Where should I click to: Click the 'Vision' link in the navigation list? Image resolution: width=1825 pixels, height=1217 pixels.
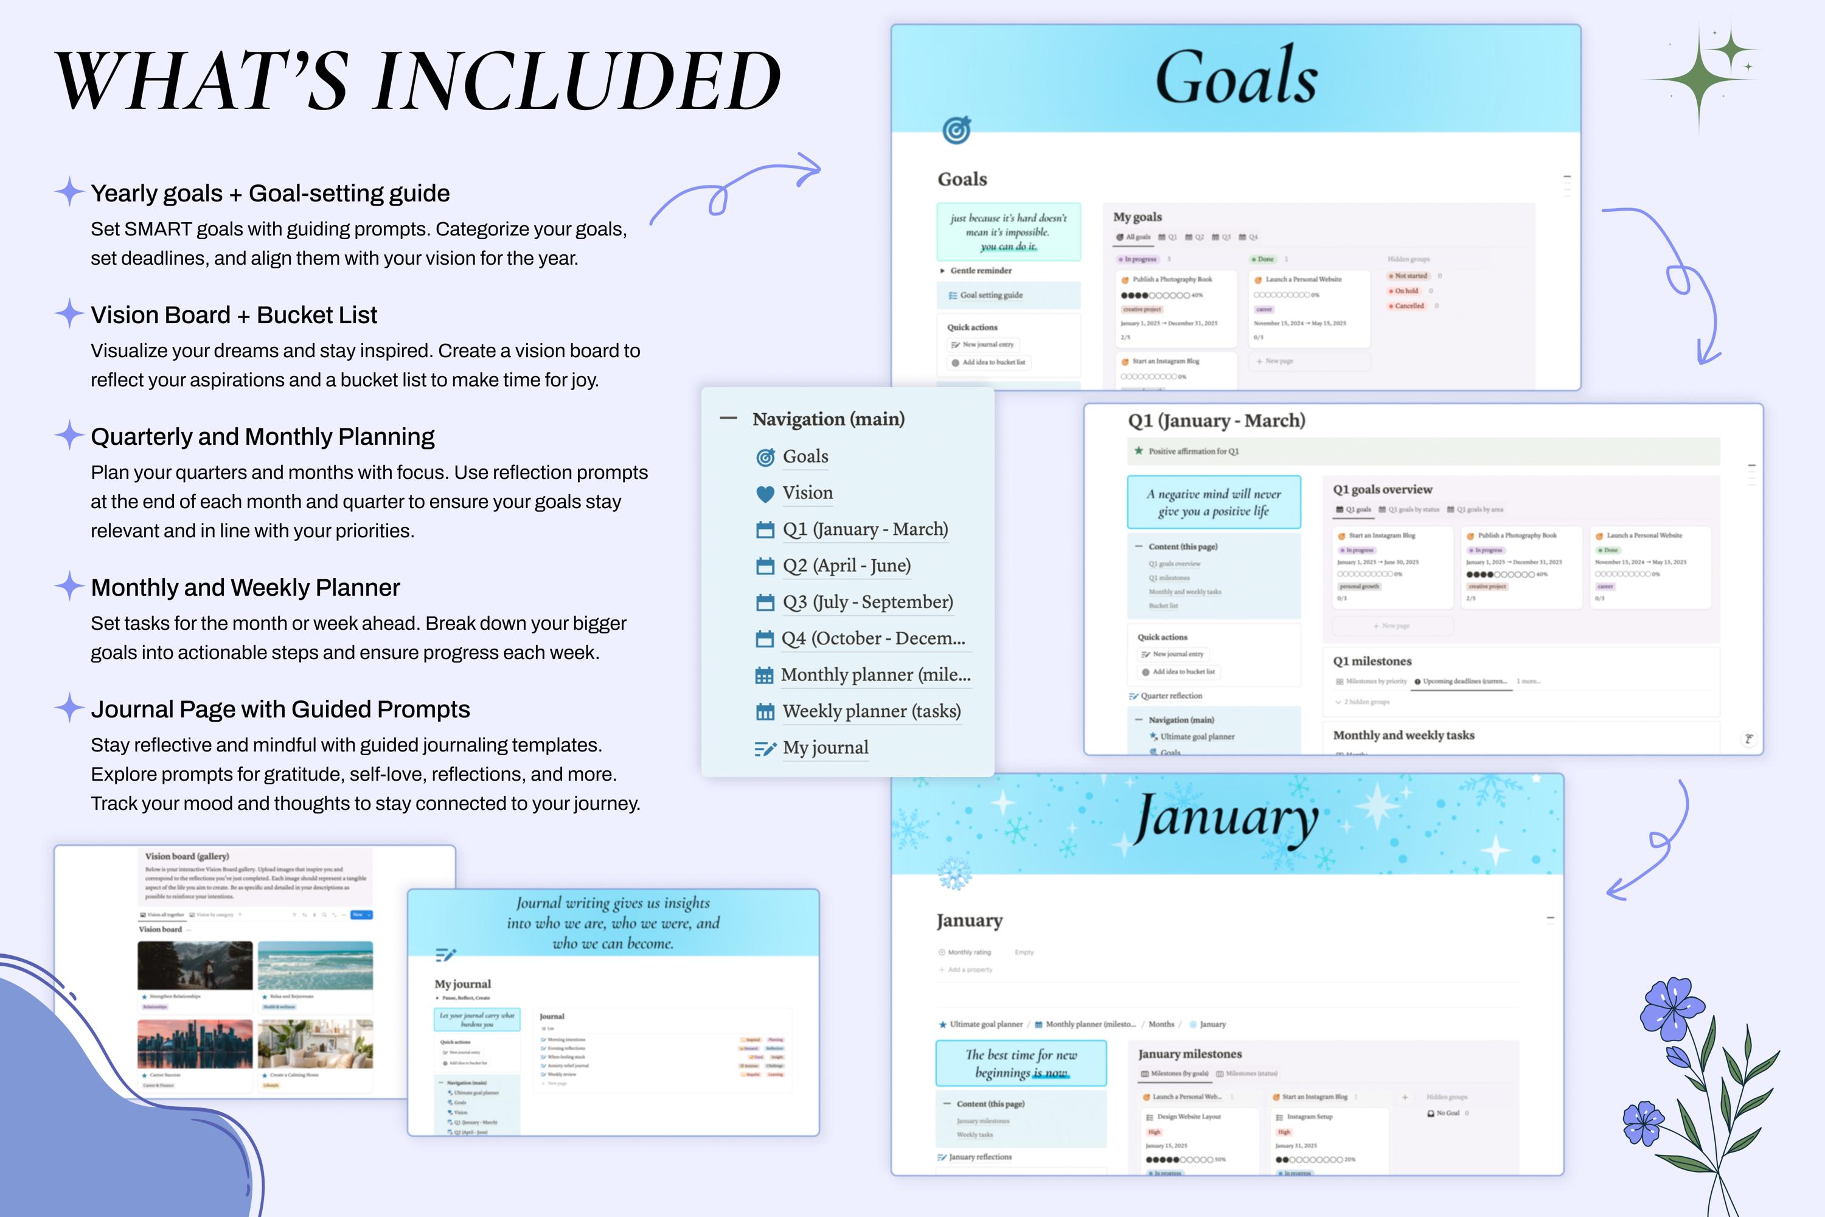coord(807,493)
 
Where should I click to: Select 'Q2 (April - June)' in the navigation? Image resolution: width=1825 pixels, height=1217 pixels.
coord(846,566)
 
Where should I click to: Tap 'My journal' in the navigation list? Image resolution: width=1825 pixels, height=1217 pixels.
coord(825,747)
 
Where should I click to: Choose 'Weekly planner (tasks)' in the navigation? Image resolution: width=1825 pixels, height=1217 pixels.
coord(871,711)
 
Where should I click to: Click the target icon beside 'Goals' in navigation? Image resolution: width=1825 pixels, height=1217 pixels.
coord(765,457)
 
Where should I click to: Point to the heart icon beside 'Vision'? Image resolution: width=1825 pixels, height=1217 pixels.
coord(765,493)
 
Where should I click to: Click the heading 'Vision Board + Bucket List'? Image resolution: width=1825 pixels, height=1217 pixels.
coord(234,315)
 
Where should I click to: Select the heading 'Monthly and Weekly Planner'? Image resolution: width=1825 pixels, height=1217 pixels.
coord(245,588)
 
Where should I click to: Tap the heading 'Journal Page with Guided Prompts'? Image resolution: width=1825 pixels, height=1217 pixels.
coord(280,710)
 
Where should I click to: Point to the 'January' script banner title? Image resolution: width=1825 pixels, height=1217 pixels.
coord(1226,820)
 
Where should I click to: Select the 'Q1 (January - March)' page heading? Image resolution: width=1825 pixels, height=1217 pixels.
coord(1216,420)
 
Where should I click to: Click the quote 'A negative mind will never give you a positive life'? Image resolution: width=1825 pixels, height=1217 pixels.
coord(1214,502)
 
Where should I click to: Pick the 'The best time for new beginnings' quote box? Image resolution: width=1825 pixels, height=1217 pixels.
coord(1020,1063)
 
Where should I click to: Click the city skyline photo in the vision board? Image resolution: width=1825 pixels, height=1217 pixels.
coord(195,1044)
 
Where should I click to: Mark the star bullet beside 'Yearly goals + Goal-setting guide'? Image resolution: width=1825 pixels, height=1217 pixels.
coord(69,192)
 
